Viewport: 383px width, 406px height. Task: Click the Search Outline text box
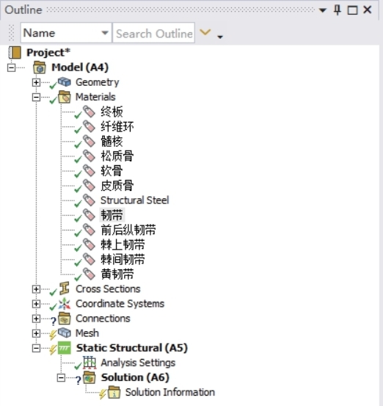[154, 33]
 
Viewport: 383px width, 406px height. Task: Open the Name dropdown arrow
[105, 33]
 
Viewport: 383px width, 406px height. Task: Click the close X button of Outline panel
[367, 10]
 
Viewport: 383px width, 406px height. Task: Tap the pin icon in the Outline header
[338, 10]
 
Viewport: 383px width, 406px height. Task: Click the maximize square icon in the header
[352, 10]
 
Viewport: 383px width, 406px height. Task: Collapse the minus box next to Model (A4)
[11, 68]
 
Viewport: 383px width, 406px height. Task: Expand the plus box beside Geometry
[36, 82]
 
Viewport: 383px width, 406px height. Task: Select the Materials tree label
[95, 97]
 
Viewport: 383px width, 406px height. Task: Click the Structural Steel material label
[134, 200]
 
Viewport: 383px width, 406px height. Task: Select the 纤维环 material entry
[117, 126]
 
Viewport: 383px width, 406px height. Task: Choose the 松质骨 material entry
[117, 156]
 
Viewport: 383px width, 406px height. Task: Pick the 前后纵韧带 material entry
[128, 230]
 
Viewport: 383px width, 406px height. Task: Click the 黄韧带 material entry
[117, 274]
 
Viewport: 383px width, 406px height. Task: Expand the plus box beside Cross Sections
[36, 289]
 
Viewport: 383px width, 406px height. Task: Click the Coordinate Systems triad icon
[64, 304]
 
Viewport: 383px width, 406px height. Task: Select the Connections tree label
[103, 319]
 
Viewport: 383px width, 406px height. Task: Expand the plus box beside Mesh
[36, 333]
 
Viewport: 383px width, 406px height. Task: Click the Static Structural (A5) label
[132, 348]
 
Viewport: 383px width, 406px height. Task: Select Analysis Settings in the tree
[138, 363]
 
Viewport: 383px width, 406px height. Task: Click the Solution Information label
[170, 392]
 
